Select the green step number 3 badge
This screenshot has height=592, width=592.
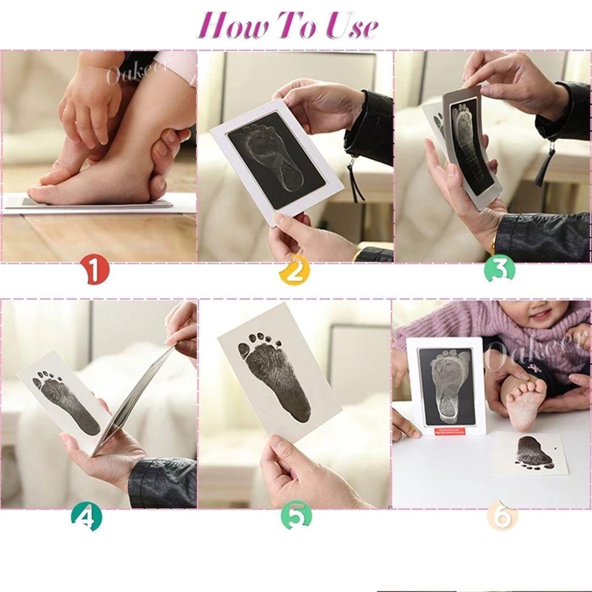499,270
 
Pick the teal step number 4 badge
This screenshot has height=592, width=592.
86,519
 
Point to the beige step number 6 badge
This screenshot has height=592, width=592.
502,517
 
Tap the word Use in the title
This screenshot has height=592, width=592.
350,25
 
